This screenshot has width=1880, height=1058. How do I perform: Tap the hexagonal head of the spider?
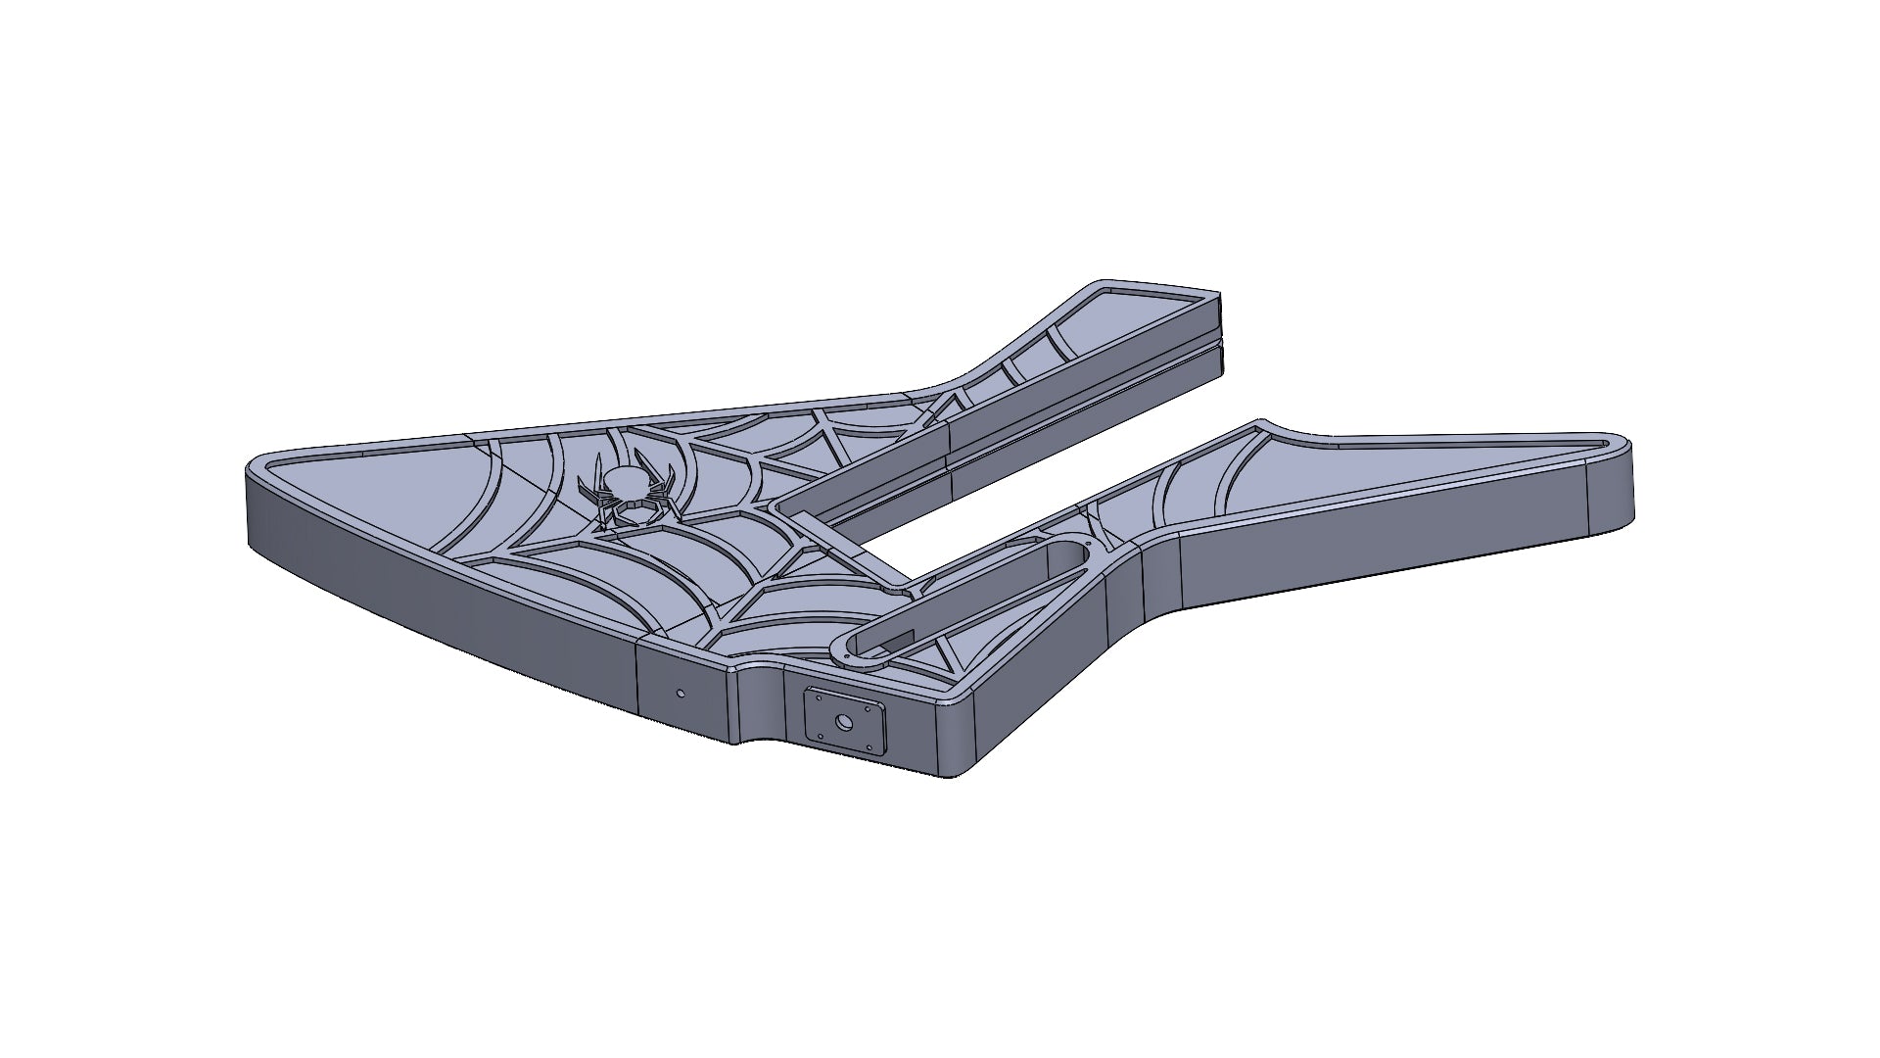pyautogui.click(x=635, y=510)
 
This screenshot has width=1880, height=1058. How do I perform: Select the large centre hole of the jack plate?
pyautogui.click(x=844, y=723)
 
